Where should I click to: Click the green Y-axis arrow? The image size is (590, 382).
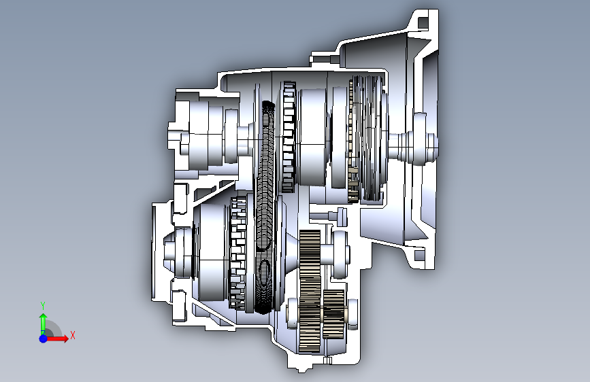[43, 323]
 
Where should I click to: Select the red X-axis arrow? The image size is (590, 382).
[56, 338]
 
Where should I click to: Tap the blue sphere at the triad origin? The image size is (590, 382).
[44, 338]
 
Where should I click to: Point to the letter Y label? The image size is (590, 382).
[43, 306]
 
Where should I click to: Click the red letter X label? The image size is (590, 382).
[73, 335]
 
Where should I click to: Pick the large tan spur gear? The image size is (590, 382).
[310, 292]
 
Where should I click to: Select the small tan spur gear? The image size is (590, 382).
[333, 313]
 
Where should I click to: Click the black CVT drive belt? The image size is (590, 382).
[266, 207]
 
